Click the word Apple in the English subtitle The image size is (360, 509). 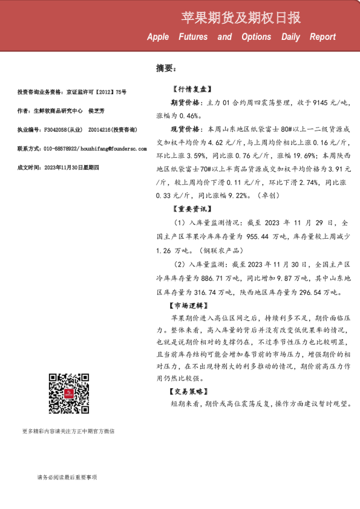[158, 37]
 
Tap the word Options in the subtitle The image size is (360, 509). [256, 37]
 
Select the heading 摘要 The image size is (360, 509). [165, 68]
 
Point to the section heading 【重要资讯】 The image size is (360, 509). [191, 210]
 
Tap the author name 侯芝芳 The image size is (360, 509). [96, 111]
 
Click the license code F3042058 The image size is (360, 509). [53, 129]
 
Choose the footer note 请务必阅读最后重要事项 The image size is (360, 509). [67, 477]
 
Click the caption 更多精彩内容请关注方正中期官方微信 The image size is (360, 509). [68, 432]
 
